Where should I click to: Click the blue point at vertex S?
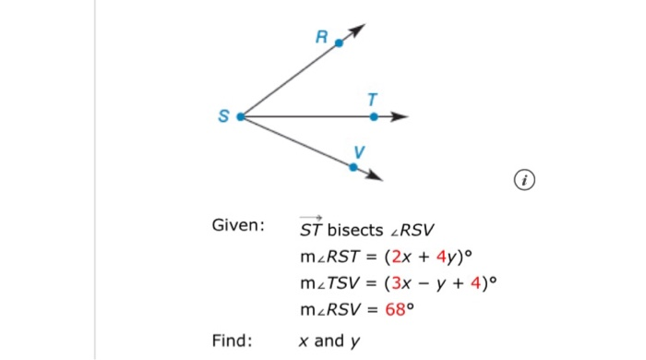(x=241, y=117)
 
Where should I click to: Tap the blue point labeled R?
(x=339, y=42)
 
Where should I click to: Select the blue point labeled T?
(x=374, y=117)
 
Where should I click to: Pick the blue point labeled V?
(x=353, y=167)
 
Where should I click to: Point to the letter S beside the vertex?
(x=222, y=117)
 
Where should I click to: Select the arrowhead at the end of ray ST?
(x=400, y=117)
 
